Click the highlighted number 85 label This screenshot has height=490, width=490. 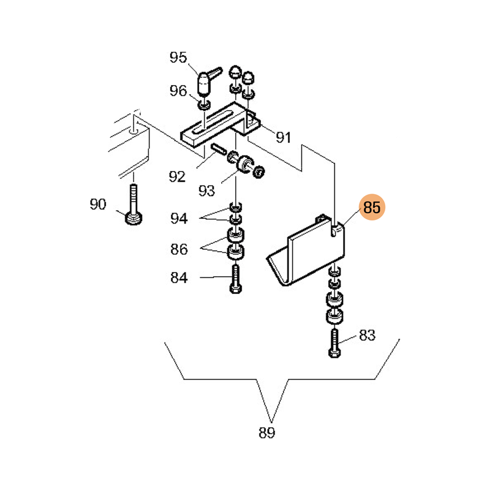pyautogui.click(x=372, y=208)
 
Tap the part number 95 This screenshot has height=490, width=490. pyautogui.click(x=178, y=58)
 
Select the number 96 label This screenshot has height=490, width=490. pyautogui.click(x=178, y=91)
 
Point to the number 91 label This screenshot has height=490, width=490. pyautogui.click(x=282, y=138)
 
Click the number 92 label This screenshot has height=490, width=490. pyautogui.click(x=177, y=177)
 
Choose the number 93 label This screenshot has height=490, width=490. pyautogui.click(x=206, y=190)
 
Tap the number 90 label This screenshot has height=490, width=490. pyautogui.click(x=98, y=205)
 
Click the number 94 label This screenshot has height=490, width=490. pyautogui.click(x=179, y=219)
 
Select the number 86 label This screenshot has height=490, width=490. pyautogui.click(x=179, y=249)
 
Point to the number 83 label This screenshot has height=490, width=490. pyautogui.click(x=367, y=335)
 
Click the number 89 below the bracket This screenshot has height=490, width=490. pyautogui.click(x=266, y=433)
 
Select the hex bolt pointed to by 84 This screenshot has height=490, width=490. pyautogui.click(x=236, y=278)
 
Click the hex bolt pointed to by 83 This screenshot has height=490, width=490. pyautogui.click(x=334, y=343)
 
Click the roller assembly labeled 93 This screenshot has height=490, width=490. pyautogui.click(x=246, y=165)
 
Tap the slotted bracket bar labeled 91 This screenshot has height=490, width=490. pyautogui.click(x=214, y=126)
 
